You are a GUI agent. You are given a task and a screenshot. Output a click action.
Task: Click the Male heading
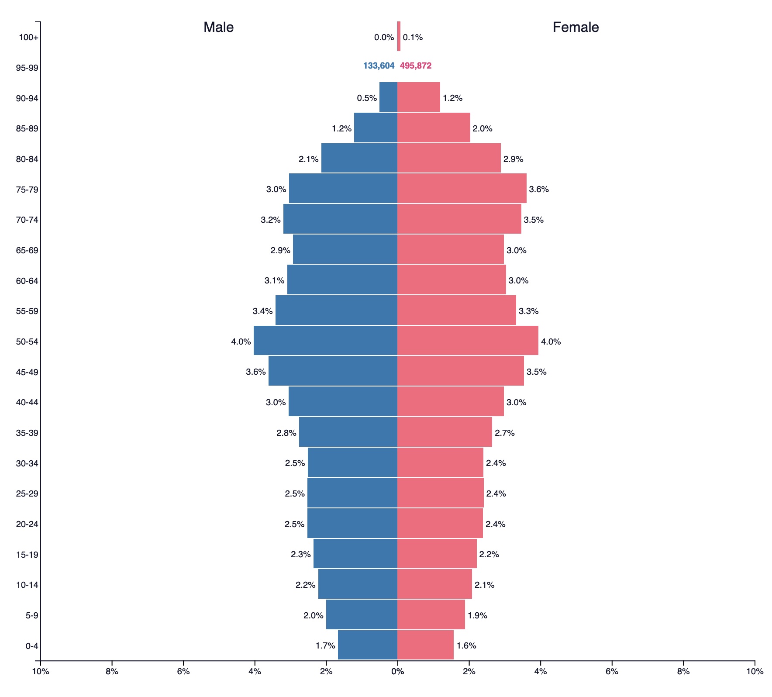[x=218, y=27]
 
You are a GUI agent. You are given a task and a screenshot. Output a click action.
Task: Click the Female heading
[x=576, y=27]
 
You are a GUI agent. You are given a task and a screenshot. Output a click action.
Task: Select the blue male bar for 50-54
[x=325, y=341]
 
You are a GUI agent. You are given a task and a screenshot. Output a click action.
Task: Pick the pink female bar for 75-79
[x=462, y=188]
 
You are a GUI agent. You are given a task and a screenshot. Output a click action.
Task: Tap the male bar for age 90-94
[x=388, y=97]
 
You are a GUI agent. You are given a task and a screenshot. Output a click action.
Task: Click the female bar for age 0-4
[x=425, y=644]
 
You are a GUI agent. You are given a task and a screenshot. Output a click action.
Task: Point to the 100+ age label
[x=28, y=38]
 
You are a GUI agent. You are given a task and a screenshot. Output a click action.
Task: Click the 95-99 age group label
[x=27, y=68]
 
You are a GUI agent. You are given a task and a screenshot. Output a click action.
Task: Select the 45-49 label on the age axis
[x=27, y=372]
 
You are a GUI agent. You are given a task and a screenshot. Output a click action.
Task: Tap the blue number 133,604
[x=379, y=66]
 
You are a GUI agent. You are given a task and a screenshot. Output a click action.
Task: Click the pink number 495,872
[x=416, y=66]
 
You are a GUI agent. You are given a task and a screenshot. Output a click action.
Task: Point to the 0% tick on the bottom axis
[x=397, y=671]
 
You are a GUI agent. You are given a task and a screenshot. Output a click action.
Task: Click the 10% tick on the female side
[x=755, y=671]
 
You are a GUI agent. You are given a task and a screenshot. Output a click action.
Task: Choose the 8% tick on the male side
[x=112, y=671]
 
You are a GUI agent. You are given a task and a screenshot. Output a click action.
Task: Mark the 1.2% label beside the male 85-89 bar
[x=341, y=128]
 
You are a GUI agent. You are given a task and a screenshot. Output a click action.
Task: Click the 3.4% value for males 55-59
[x=262, y=311]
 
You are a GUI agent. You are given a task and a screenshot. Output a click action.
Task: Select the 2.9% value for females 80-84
[x=513, y=159]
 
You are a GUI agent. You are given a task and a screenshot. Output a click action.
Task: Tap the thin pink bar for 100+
[x=399, y=36]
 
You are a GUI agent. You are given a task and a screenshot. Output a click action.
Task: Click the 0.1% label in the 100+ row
[x=413, y=38]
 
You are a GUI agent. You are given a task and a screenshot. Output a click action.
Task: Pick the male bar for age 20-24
[x=352, y=523]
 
